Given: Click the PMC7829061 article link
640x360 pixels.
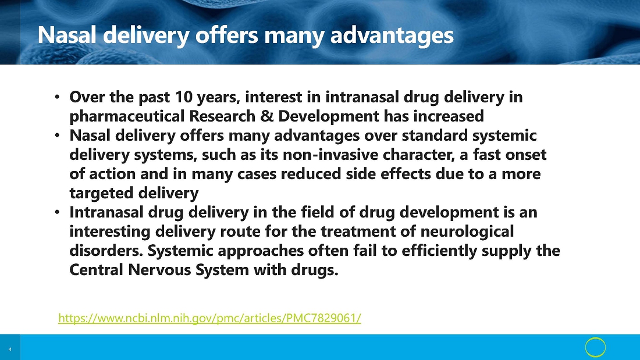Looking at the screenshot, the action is [210, 318].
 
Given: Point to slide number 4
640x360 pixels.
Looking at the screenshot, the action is [10, 350].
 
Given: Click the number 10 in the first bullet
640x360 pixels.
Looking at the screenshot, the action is [184, 97].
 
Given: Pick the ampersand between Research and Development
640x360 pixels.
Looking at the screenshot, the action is [266, 116].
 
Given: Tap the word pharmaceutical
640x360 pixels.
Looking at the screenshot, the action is [127, 116].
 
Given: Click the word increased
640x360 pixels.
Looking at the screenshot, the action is [449, 116].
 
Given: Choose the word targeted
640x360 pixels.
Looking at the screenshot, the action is [102, 193].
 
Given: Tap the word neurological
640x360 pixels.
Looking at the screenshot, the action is [467, 231].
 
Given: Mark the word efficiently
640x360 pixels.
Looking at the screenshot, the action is [439, 251].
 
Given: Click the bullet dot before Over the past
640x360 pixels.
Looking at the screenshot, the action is [57, 97].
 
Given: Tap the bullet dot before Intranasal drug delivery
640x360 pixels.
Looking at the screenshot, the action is [57, 212].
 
